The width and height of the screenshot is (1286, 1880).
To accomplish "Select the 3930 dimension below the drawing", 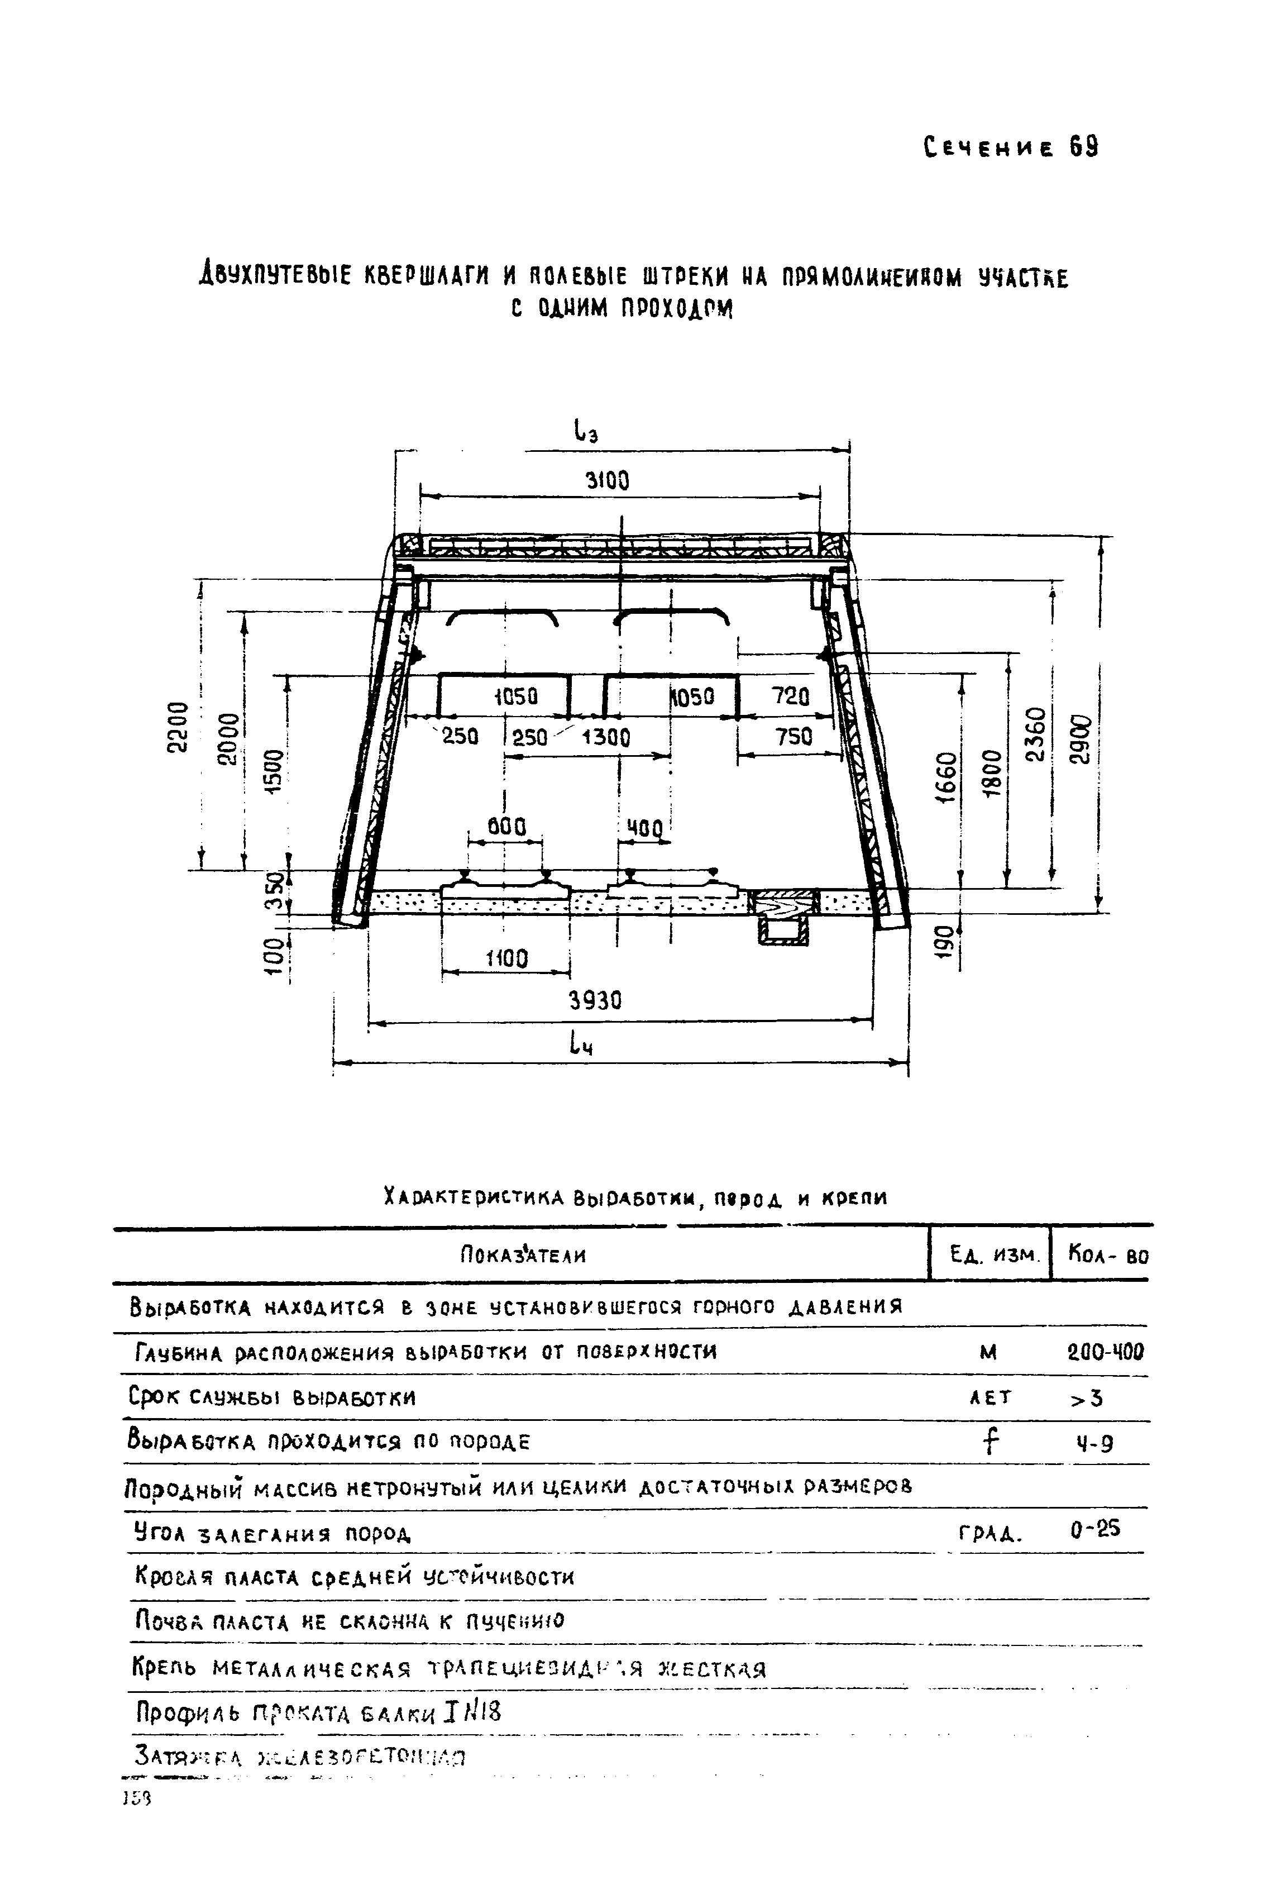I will click(596, 1001).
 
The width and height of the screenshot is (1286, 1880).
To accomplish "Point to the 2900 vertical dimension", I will click(1080, 738).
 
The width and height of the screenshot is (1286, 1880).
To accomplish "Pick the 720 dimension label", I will click(790, 696).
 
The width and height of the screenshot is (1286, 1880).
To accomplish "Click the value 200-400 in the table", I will click(1106, 1352).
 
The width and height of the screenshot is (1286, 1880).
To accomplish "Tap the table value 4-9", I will click(1096, 1442).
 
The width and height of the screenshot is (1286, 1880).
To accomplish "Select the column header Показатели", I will click(523, 1256).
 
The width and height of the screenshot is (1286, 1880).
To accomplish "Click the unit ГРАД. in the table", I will click(990, 1533).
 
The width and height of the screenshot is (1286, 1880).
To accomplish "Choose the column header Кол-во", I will click(1107, 1256).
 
